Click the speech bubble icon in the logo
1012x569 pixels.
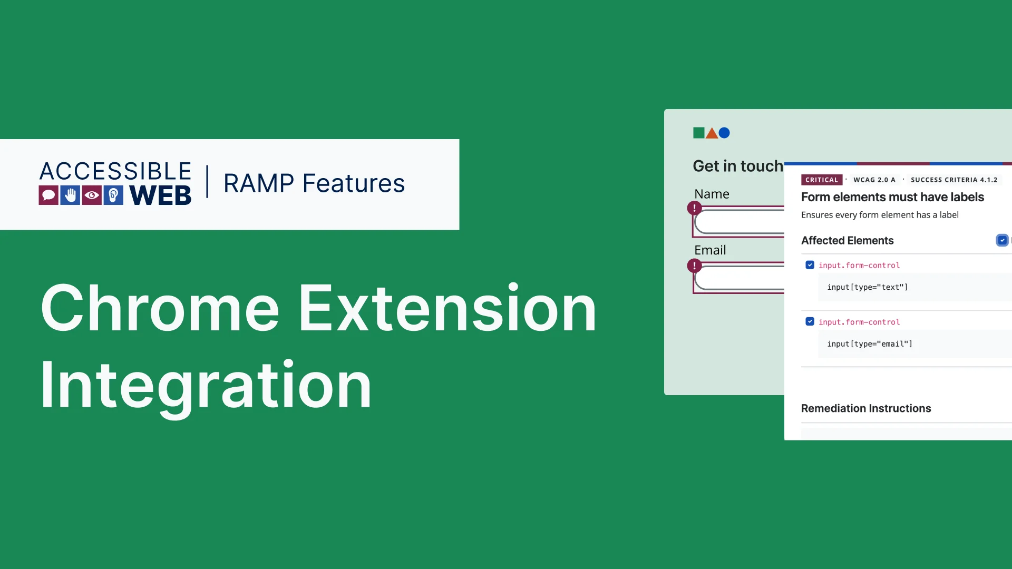pyautogui.click(x=48, y=195)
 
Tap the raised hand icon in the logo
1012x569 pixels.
pyautogui.click(x=70, y=195)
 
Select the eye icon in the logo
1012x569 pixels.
pyautogui.click(x=92, y=195)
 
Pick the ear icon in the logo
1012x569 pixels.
pyautogui.click(x=113, y=195)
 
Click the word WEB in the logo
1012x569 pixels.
pyautogui.click(x=160, y=195)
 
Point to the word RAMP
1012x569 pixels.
pyautogui.click(x=259, y=183)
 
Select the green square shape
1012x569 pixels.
pyautogui.click(x=699, y=133)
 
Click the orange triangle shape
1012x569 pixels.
pyautogui.click(x=712, y=134)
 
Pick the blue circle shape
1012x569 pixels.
pyautogui.click(x=724, y=133)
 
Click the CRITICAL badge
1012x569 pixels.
pyautogui.click(x=822, y=180)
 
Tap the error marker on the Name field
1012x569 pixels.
pyautogui.click(x=694, y=208)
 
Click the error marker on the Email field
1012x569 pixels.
pyautogui.click(x=694, y=266)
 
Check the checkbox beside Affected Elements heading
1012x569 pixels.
pyautogui.click(x=1002, y=240)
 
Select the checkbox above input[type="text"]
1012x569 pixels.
pyautogui.click(x=810, y=265)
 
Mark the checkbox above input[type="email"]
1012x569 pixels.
pyautogui.click(x=810, y=321)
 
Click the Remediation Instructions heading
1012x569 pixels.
pyautogui.click(x=866, y=408)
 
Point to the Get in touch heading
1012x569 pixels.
pyautogui.click(x=738, y=166)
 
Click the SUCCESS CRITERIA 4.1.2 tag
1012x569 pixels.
pyautogui.click(x=954, y=180)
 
